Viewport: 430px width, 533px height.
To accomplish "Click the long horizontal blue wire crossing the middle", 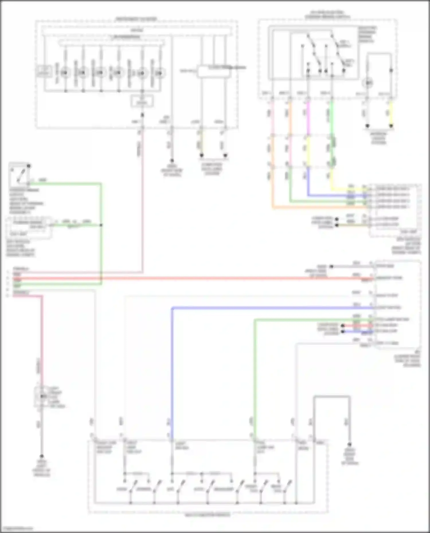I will click(x=272, y=308).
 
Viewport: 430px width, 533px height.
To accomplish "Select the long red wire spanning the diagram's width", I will click(x=201, y=278).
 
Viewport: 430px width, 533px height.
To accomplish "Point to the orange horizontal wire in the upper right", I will click(x=315, y=207).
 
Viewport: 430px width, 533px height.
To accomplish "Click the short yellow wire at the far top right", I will click(x=391, y=113).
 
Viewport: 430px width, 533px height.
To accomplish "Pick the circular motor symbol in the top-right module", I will click(x=368, y=83).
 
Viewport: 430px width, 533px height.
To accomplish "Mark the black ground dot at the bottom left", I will click(x=42, y=456).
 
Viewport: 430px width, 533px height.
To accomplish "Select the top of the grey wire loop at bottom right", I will click(x=332, y=397).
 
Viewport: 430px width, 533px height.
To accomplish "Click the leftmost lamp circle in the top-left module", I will click(x=65, y=73).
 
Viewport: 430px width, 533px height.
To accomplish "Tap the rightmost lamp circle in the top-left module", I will click(x=159, y=73).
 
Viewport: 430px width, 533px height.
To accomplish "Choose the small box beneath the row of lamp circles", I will click(x=142, y=101).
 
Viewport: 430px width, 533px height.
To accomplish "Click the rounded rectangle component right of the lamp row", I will click(x=213, y=72).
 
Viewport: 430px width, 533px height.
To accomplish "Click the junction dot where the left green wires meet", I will click(x=101, y=225).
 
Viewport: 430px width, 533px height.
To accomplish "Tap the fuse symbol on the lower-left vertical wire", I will click(x=42, y=396).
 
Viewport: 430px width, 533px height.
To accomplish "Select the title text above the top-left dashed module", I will click(x=136, y=19).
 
